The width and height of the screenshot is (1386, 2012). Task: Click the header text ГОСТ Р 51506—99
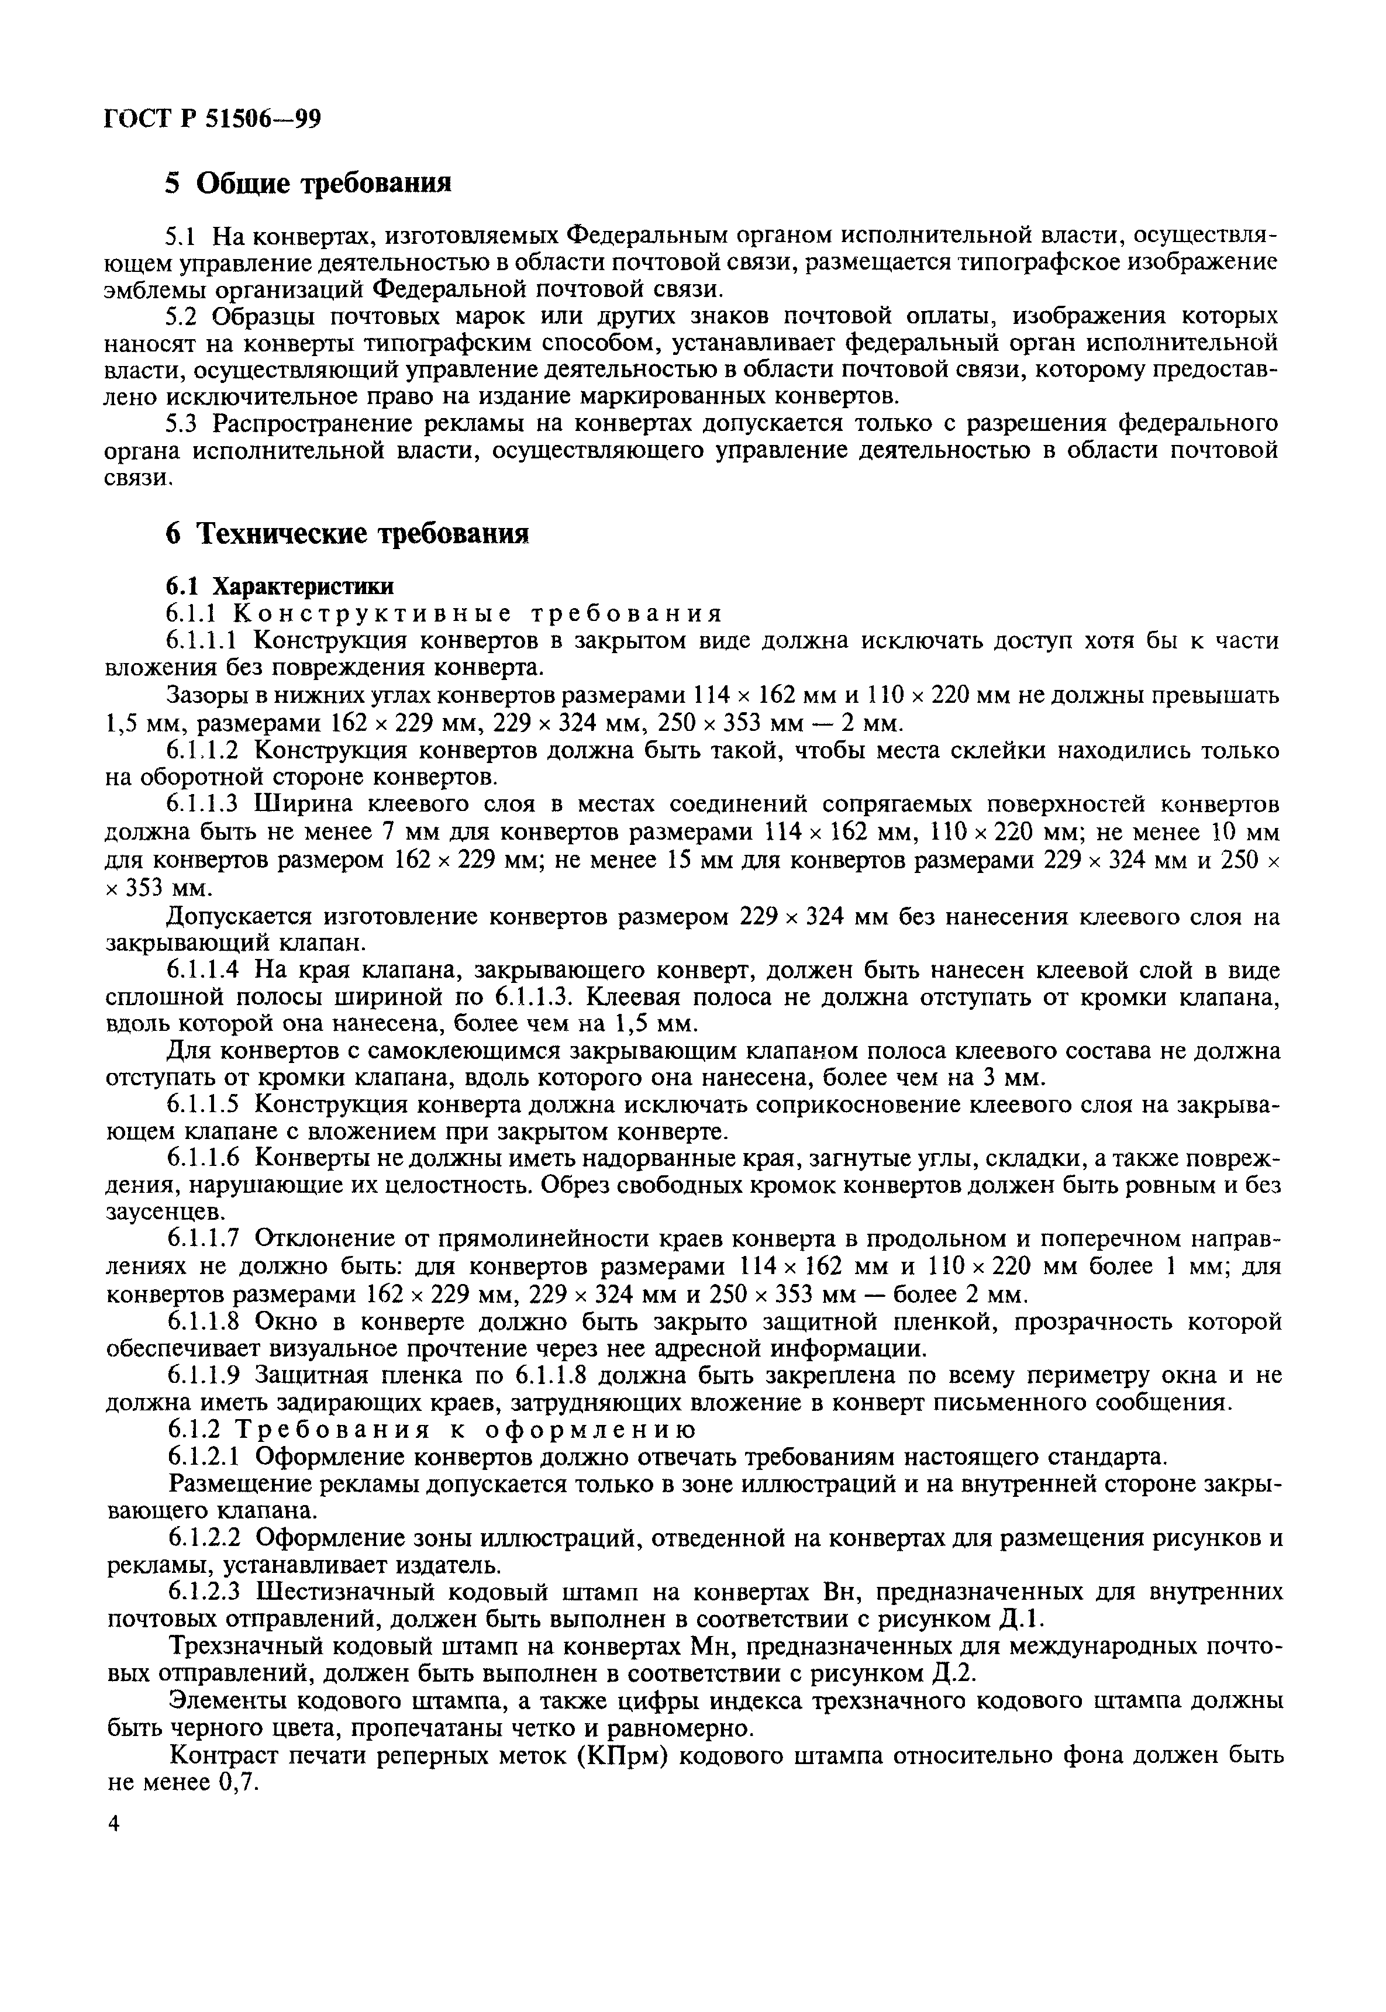click(x=213, y=117)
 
